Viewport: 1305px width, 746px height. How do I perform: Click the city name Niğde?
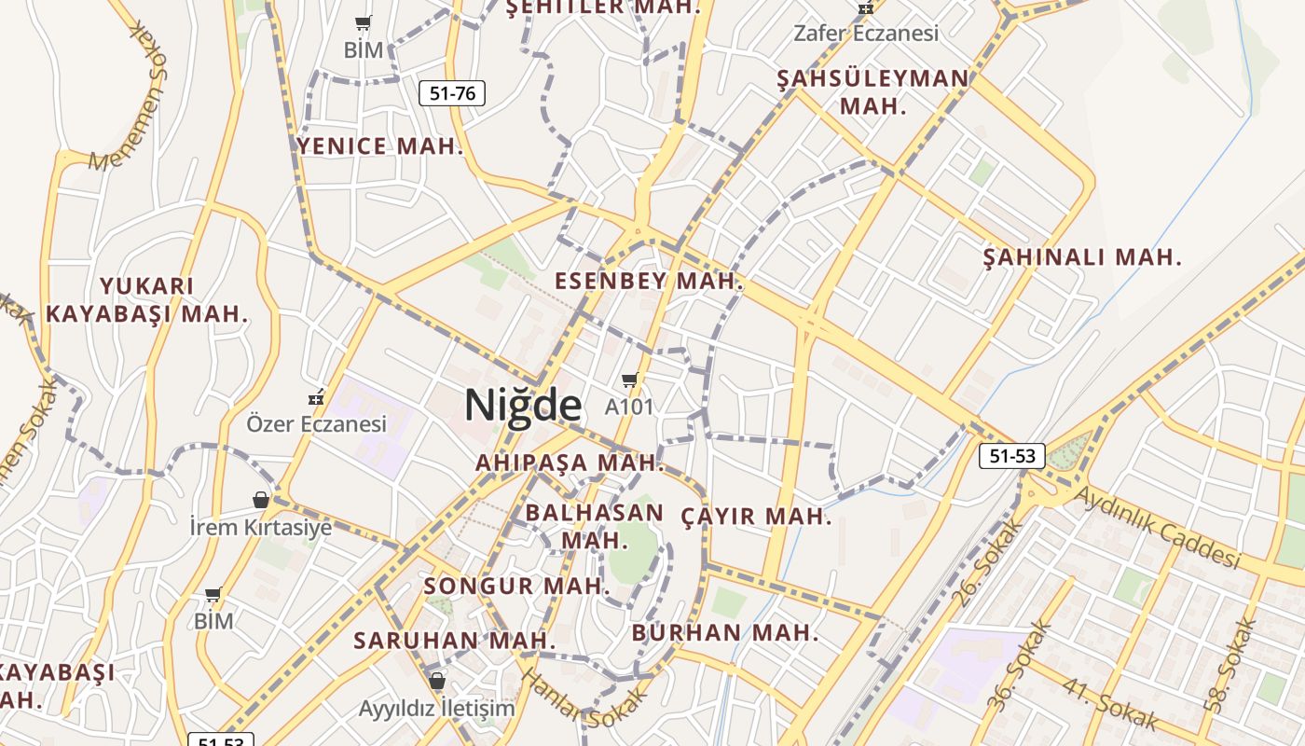coord(523,405)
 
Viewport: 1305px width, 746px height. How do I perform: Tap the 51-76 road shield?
coord(452,93)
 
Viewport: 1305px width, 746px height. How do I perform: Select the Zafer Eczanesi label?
coord(865,33)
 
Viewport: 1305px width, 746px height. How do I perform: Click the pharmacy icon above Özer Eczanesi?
coord(317,397)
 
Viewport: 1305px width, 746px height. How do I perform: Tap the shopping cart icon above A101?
coord(629,380)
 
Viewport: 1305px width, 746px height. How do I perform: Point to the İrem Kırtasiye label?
coord(261,527)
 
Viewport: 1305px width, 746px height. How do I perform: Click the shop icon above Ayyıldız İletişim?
coord(436,681)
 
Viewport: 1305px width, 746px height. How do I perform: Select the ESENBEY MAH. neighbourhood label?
coord(649,281)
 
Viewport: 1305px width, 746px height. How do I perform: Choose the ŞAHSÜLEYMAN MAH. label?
coord(872,91)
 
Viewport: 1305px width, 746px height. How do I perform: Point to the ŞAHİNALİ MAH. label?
coord(1082,256)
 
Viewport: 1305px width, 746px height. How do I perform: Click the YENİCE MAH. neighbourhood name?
coord(379,145)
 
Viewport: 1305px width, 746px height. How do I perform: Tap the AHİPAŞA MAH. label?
coord(570,462)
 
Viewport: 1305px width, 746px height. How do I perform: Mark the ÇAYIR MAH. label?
coord(756,516)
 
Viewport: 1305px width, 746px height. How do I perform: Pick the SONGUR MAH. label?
coord(516,587)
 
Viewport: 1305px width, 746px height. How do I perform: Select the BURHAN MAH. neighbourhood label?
coord(725,633)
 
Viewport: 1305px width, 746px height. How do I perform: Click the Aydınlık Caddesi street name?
coord(1158,527)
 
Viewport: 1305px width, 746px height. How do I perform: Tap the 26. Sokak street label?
coord(989,563)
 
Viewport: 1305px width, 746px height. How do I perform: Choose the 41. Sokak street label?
coord(1109,705)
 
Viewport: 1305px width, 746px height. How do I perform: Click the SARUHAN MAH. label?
coord(454,641)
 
